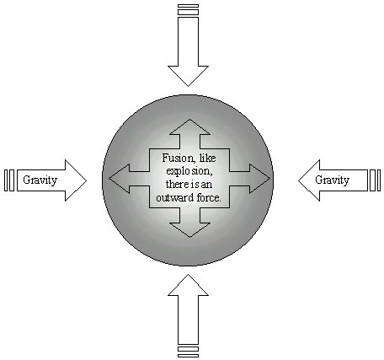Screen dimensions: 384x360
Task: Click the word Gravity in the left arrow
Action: pos(40,180)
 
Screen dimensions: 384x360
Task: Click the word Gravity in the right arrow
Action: pos(333,180)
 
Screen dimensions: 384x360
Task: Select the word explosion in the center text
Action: pos(189,171)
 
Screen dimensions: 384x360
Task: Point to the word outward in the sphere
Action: pos(173,198)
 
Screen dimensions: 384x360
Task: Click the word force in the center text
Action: pos(208,198)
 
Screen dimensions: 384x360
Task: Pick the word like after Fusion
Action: pos(207,158)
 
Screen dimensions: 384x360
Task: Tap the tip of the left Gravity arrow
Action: pos(87,180)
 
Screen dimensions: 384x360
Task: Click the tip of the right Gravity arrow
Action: pos(298,180)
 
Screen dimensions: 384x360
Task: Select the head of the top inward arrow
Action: pos(188,75)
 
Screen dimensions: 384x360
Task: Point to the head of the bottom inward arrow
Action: pos(188,286)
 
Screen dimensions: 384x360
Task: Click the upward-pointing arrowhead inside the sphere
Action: pos(189,127)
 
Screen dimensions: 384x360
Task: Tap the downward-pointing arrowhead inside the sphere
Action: pos(189,230)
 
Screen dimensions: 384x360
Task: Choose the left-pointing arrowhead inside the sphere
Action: pos(120,179)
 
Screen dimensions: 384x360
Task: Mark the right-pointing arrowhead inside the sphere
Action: pos(259,179)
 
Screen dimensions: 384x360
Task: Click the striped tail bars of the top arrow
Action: pos(188,9)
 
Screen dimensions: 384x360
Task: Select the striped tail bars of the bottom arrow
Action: pos(188,352)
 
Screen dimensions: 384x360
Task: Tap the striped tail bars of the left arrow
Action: pos(9,180)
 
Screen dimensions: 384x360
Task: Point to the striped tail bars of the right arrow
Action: pos(376,180)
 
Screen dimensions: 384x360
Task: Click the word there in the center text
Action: pos(176,185)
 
